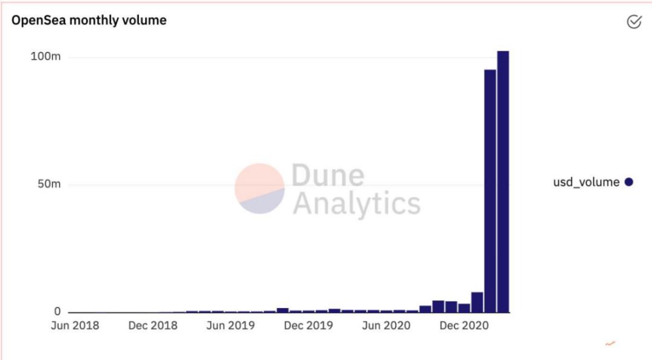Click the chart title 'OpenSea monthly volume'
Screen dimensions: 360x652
pos(89,20)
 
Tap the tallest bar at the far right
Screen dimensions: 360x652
pos(503,181)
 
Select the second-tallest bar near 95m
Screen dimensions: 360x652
pos(490,190)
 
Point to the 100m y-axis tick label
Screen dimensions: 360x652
pos(46,57)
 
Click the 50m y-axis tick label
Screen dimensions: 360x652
pos(48,184)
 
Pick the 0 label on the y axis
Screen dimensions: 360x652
pos(57,312)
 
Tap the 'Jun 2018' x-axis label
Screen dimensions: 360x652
pos(75,326)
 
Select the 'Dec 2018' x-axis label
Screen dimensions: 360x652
pos(153,326)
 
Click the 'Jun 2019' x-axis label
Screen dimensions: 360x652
pos(230,326)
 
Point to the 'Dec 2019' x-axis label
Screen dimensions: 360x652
pos(308,326)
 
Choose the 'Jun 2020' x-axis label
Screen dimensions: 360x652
pos(386,326)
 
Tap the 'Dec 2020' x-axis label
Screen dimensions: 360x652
pos(464,326)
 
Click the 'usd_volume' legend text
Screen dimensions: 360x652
pos(586,182)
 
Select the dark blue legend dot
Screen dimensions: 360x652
pos(628,182)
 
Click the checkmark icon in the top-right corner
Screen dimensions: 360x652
pos(634,22)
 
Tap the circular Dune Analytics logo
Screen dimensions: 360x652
pos(260,188)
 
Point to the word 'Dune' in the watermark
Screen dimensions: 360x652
pos(328,175)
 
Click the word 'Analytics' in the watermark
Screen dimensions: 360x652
pos(356,204)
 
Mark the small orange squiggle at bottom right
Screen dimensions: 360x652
pos(610,344)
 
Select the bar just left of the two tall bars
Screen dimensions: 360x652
pos(477,302)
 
